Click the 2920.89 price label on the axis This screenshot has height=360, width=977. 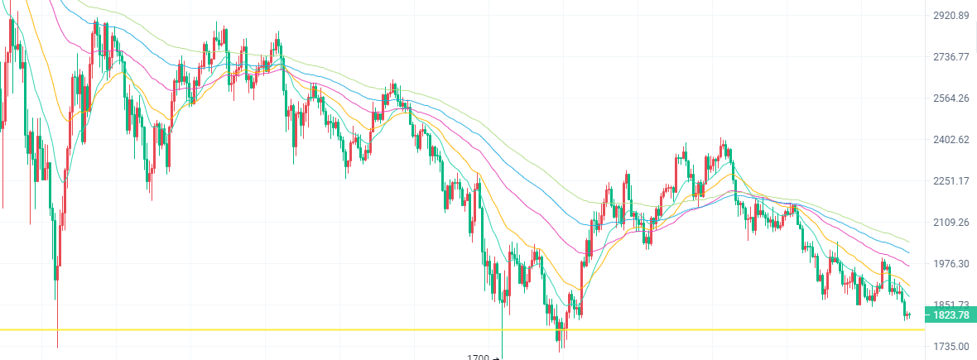tap(951, 16)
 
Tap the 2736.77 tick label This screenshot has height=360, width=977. tap(951, 57)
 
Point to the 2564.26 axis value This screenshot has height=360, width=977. tap(951, 98)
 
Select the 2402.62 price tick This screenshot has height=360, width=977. tap(951, 140)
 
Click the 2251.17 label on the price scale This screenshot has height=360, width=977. tap(951, 181)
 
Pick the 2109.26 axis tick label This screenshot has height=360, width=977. tap(951, 223)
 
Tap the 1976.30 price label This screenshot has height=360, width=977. tap(951, 264)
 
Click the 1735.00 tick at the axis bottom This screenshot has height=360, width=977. tap(951, 346)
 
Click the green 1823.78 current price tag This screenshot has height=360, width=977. tap(950, 315)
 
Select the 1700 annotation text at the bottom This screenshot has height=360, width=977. tap(478, 358)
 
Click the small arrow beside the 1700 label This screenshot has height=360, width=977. tap(495, 358)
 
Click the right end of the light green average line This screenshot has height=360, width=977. tap(909, 242)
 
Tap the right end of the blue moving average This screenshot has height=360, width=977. tap(909, 252)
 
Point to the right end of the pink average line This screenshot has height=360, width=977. tap(909, 266)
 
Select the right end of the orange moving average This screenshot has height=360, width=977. tap(909, 286)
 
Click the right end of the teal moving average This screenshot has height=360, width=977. tap(909, 295)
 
